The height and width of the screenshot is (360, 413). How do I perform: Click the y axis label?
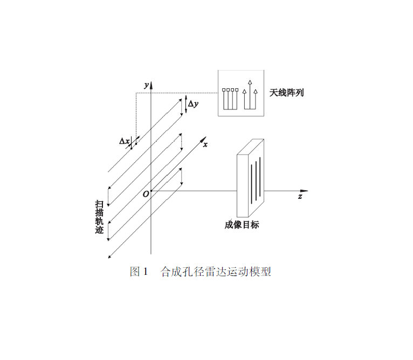[147, 85]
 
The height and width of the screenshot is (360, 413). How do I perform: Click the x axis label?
[205, 144]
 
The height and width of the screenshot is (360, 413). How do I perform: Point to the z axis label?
[300, 197]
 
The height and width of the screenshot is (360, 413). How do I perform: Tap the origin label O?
[146, 195]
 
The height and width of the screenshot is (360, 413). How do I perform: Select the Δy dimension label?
[193, 104]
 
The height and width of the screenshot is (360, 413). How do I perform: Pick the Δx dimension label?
[125, 141]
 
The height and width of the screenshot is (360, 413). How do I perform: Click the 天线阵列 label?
[286, 93]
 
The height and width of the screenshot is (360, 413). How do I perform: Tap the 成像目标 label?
[242, 225]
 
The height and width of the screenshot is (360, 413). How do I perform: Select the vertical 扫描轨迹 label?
[99, 217]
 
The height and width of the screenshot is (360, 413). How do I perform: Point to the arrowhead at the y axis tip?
[151, 85]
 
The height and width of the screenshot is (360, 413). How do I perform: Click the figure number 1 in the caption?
[146, 272]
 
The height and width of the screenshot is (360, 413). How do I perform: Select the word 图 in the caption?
[135, 272]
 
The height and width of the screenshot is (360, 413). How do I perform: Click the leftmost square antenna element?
[224, 90]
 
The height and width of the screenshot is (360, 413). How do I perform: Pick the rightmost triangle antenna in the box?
[255, 92]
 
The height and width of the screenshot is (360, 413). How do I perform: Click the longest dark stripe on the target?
[260, 177]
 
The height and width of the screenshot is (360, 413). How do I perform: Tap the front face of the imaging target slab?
[243, 186]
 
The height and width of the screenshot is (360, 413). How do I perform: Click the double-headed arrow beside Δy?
[186, 104]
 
